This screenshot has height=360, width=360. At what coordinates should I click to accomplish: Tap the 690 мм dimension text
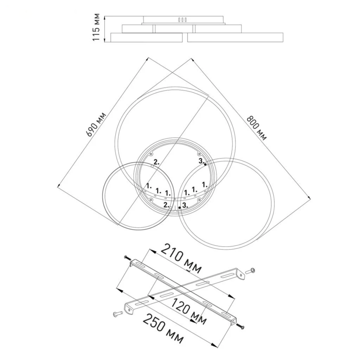click(96, 124)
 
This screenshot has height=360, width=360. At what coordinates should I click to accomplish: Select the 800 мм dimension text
click(257, 128)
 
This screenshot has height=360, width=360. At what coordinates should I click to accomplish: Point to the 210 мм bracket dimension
click(181, 259)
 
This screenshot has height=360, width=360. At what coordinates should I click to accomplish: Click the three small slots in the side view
click(183, 20)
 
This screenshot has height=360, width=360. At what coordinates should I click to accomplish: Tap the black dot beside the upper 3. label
click(205, 164)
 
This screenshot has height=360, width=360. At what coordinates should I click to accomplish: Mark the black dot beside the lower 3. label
click(180, 208)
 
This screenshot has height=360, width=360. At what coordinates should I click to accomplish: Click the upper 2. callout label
click(156, 162)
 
